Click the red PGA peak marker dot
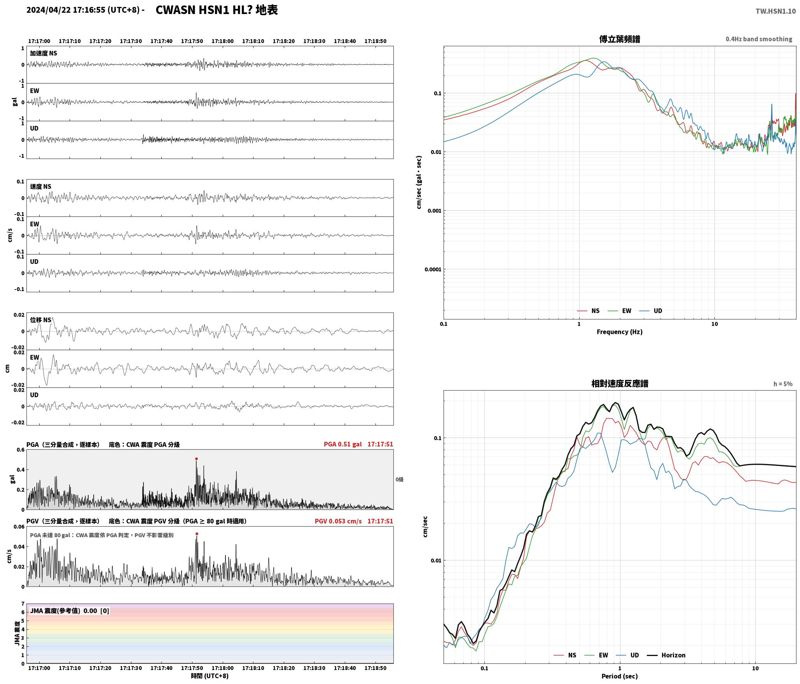[x=196, y=459]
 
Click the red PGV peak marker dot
[x=197, y=534]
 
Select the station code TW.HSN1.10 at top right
[x=776, y=11]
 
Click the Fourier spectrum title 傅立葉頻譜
[x=620, y=39]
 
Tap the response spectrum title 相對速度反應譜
[x=620, y=384]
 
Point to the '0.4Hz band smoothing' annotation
[x=759, y=39]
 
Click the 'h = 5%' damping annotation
[x=783, y=384]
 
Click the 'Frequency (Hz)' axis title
[x=620, y=332]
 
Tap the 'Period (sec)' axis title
[x=620, y=676]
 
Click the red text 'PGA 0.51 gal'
[x=342, y=444]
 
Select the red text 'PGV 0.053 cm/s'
[x=338, y=521]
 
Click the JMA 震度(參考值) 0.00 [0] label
[x=70, y=611]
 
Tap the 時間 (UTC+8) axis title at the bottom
[x=210, y=676]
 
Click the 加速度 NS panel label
[x=44, y=53]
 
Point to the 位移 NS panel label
[x=41, y=320]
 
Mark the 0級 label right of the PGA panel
[x=400, y=480]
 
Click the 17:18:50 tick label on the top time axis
[x=376, y=41]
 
